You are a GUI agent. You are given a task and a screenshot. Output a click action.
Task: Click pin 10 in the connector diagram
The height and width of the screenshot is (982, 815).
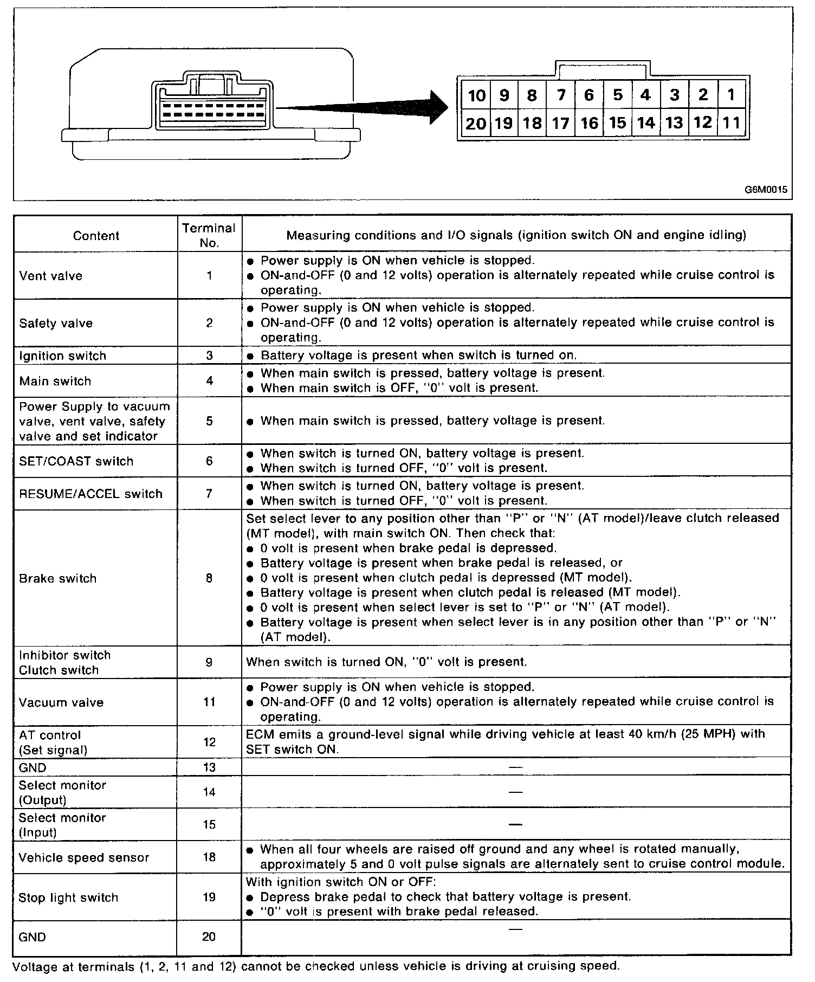(x=476, y=96)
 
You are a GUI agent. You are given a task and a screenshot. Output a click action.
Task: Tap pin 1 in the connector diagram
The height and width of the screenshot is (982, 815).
(x=731, y=95)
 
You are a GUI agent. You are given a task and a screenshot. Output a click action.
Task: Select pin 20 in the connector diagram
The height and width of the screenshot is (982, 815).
(x=476, y=124)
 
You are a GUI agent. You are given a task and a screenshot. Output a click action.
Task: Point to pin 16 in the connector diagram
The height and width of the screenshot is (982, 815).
(x=589, y=124)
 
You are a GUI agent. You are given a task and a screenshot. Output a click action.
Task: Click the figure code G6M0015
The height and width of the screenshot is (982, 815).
(x=765, y=190)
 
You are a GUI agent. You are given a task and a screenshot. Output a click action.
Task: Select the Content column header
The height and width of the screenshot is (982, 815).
(x=96, y=236)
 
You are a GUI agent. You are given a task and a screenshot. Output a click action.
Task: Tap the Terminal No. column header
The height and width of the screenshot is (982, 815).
(x=209, y=235)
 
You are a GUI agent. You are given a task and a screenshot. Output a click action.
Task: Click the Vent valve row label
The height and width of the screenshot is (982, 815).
(x=51, y=276)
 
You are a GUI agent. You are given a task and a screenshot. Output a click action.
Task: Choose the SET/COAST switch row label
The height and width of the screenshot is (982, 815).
(x=76, y=461)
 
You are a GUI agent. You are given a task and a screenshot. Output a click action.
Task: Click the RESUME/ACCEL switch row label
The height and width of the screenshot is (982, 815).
(x=90, y=494)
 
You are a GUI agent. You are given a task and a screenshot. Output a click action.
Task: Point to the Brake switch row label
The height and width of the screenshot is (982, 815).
(x=57, y=578)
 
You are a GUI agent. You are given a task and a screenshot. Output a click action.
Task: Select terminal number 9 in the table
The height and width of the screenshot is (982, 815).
(x=209, y=662)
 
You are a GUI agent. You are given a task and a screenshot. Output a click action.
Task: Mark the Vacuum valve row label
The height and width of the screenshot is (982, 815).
(x=61, y=702)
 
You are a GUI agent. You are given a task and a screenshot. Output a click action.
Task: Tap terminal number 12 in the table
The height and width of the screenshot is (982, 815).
(x=209, y=742)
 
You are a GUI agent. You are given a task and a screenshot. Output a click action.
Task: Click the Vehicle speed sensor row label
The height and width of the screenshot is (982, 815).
(x=83, y=857)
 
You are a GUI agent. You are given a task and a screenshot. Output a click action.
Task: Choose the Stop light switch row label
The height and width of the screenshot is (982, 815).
(x=68, y=897)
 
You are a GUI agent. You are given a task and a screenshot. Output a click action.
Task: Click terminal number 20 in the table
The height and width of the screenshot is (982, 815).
(x=209, y=937)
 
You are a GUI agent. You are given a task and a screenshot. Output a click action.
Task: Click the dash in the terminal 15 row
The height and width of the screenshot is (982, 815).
(x=515, y=825)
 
